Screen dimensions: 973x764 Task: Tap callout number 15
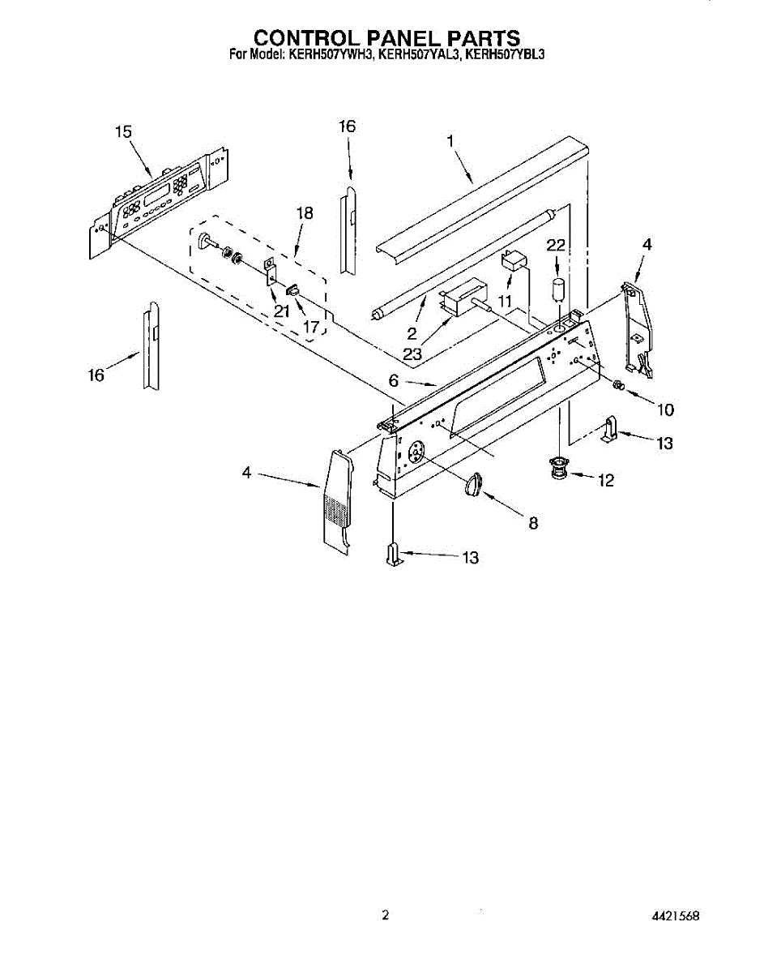[x=123, y=132]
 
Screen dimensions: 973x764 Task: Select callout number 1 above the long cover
[x=450, y=140]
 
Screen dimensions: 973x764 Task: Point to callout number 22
[x=556, y=246]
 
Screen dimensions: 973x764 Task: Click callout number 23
[x=412, y=353]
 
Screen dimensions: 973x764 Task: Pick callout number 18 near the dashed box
[x=304, y=213]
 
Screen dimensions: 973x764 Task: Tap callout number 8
[x=533, y=523]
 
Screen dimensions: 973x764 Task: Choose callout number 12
[x=605, y=481]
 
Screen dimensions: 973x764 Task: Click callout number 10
[x=664, y=409]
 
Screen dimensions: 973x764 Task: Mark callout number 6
[x=394, y=379]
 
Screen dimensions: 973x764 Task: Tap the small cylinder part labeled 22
[x=557, y=289]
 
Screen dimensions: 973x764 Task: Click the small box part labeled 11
[x=513, y=263]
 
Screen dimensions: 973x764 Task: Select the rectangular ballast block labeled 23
[x=462, y=296]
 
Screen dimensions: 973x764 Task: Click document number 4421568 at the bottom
[x=675, y=916]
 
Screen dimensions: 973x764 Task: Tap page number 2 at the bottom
[x=385, y=915]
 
